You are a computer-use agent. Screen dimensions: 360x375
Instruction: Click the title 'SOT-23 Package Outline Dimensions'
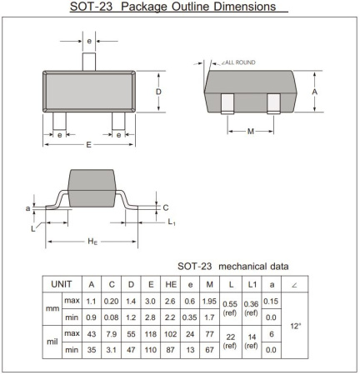click(x=175, y=7)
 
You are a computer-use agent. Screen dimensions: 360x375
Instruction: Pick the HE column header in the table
click(x=170, y=284)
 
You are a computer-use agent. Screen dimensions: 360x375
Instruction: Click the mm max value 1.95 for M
click(x=210, y=300)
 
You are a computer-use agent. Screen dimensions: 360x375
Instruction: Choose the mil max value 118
click(x=151, y=334)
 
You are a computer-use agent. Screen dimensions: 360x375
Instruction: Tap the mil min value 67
click(x=210, y=350)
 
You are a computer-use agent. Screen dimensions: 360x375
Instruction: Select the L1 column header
click(x=251, y=284)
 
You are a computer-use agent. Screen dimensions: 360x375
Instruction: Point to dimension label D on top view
click(x=158, y=92)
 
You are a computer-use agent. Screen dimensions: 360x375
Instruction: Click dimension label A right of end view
click(x=315, y=92)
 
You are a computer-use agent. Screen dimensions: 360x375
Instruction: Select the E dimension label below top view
click(x=89, y=145)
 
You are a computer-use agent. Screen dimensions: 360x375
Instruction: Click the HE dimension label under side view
click(x=93, y=242)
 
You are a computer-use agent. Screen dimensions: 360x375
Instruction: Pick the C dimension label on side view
click(x=165, y=207)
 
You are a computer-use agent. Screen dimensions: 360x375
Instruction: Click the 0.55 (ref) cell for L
click(x=231, y=308)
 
